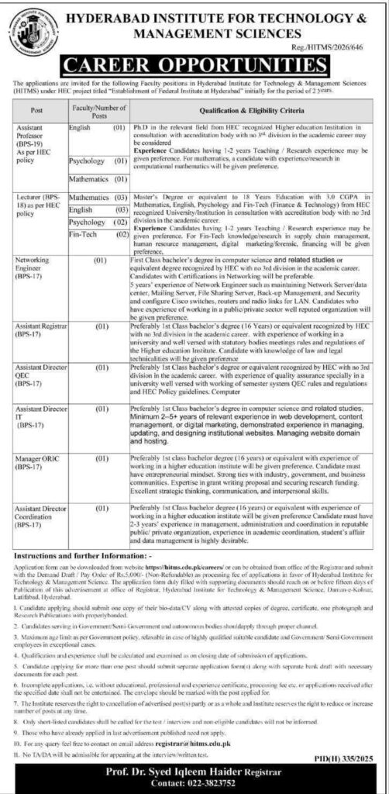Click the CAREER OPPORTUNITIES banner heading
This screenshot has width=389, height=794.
(194, 62)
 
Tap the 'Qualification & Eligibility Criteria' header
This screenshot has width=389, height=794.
(256, 112)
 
